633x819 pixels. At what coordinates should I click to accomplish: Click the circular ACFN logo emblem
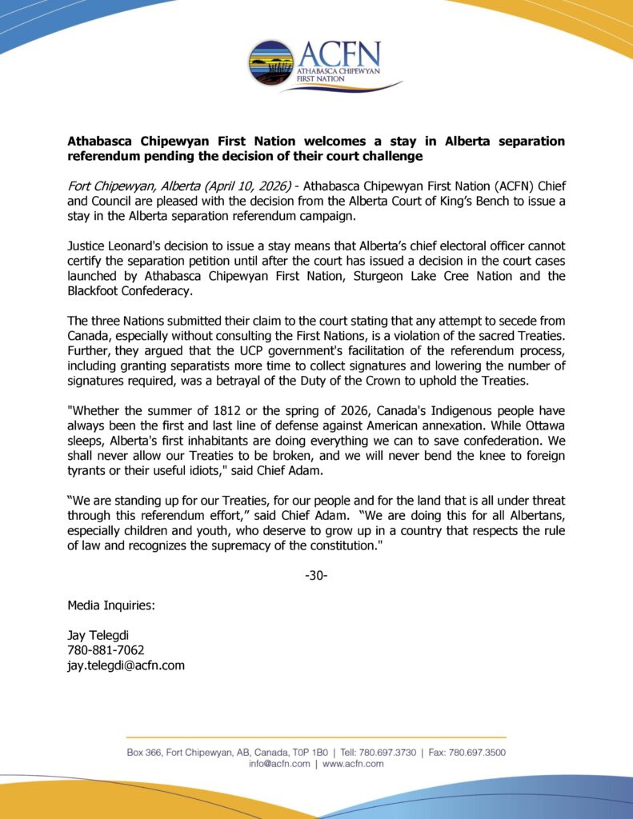[x=271, y=63]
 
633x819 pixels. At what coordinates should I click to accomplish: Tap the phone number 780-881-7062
[x=106, y=650]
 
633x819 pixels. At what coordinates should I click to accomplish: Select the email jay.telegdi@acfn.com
[x=126, y=665]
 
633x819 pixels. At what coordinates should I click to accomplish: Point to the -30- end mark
[x=316, y=575]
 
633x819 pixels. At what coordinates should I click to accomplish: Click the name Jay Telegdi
[x=99, y=635]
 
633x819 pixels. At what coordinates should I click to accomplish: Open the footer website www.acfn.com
[x=353, y=765]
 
